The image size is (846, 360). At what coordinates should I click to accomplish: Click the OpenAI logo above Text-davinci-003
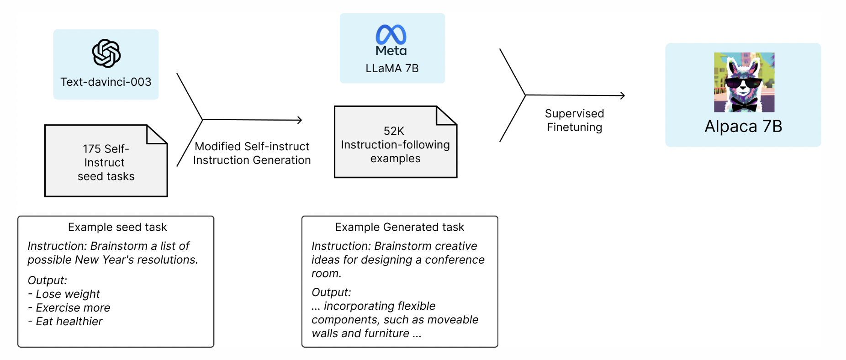(x=106, y=53)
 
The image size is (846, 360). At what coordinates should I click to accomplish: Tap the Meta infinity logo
(x=391, y=34)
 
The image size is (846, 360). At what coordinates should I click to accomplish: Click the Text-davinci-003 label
(x=106, y=82)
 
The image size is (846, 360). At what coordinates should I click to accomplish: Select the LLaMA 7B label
(x=392, y=69)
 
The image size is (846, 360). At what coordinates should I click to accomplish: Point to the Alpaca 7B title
(x=743, y=127)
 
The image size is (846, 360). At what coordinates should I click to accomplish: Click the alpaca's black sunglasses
(x=743, y=84)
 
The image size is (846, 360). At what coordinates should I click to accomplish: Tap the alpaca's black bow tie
(x=744, y=106)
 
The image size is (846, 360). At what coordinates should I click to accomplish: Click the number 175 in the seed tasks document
(x=92, y=149)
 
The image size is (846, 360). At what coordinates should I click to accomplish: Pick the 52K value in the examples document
(x=394, y=131)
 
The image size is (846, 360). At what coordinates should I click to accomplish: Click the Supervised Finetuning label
(x=574, y=121)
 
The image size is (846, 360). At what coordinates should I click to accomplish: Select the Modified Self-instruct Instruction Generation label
(x=252, y=154)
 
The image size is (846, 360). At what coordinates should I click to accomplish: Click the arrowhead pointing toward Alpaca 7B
(x=622, y=95)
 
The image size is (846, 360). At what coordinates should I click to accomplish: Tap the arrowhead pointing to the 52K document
(x=299, y=120)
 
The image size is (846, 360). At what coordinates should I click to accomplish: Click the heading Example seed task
(x=117, y=227)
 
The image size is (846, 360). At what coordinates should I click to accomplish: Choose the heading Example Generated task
(x=399, y=227)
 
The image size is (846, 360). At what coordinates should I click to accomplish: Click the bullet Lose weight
(x=68, y=294)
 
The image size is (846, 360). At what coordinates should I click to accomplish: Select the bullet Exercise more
(x=73, y=308)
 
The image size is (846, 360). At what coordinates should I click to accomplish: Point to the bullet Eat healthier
(x=69, y=322)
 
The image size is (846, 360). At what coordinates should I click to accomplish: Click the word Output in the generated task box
(x=331, y=292)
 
